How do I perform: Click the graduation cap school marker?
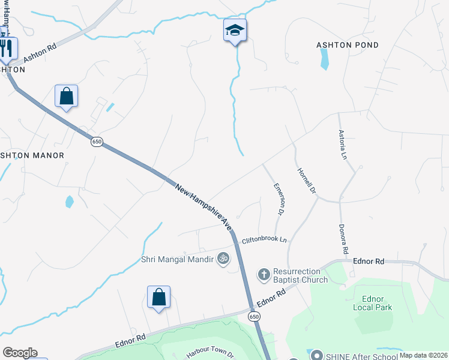pos(235,30)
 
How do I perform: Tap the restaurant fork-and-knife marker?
pos(7,48)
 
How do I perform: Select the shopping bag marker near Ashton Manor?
pos(66,96)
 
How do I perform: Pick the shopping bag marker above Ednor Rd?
pos(158,297)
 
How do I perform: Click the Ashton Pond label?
pos(348,45)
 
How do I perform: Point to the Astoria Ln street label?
pos(343,145)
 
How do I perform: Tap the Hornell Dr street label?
pos(306,181)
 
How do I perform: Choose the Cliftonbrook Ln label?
pos(264,241)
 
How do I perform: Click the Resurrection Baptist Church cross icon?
pos(263,275)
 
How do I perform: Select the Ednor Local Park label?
pos(377,303)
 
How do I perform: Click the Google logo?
pos(20,353)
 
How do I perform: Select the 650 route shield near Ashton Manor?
pos(97,142)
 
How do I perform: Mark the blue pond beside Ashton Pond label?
pos(325,59)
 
